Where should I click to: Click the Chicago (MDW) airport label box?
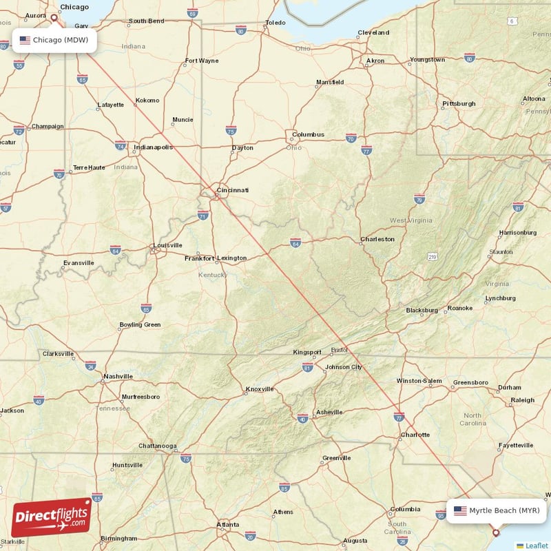pyautogui.click(x=54, y=40)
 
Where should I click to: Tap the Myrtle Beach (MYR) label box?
pyautogui.click(x=497, y=511)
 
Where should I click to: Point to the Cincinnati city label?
pyautogui.click(x=232, y=189)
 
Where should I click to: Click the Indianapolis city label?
pyautogui.click(x=154, y=147)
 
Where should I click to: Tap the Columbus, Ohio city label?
pyautogui.click(x=308, y=134)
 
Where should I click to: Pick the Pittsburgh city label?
pyautogui.click(x=459, y=103)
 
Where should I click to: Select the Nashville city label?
pyautogui.click(x=118, y=376)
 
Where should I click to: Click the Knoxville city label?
pyautogui.click(x=260, y=389)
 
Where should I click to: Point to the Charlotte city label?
pyautogui.click(x=415, y=435)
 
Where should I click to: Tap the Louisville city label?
pyautogui.click(x=167, y=245)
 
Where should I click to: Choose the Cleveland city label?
pyautogui.click(x=373, y=32)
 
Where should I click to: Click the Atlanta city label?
pyautogui.click(x=228, y=524)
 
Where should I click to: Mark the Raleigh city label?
pyautogui.click(x=522, y=400)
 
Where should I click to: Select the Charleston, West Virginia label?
pyautogui.click(x=377, y=239)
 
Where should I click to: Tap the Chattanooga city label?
pyautogui.click(x=157, y=446)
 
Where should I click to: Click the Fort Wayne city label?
pyautogui.click(x=202, y=61)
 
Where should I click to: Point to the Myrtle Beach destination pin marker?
pyautogui.click(x=495, y=532)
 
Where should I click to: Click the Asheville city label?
pyautogui.click(x=329, y=413)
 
